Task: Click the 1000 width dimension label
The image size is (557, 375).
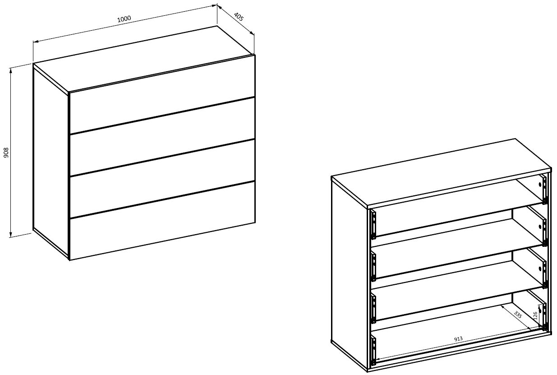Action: [124, 19]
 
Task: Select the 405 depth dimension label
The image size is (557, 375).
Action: [239, 16]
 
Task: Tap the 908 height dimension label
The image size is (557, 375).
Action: [6, 153]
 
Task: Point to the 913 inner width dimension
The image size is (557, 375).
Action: [458, 339]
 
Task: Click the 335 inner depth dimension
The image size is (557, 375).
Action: [517, 315]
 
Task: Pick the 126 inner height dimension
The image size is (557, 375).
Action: [535, 316]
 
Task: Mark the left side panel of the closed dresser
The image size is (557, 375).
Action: [51, 162]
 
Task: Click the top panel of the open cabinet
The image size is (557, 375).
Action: [442, 173]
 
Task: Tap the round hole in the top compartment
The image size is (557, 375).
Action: [540, 185]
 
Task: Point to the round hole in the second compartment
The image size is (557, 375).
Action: [540, 227]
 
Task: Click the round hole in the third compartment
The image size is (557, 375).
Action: [540, 269]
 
